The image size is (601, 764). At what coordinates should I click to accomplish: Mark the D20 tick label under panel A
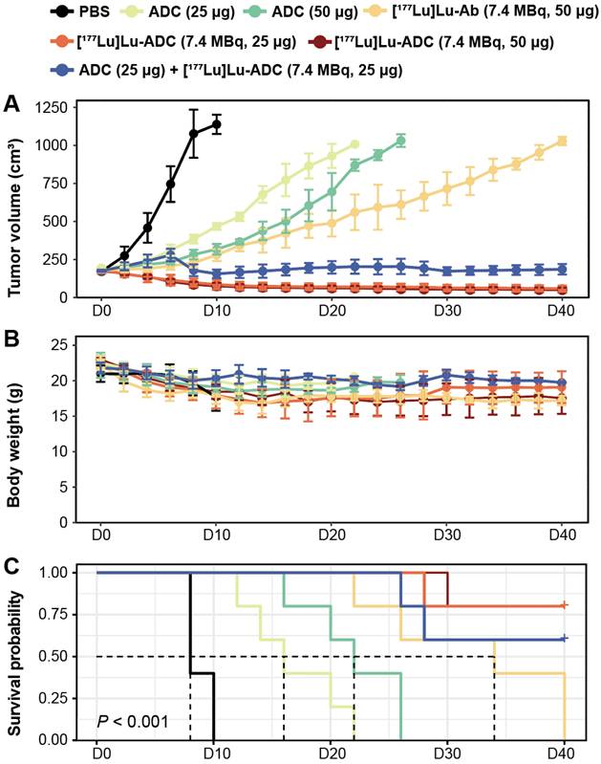tap(331, 312)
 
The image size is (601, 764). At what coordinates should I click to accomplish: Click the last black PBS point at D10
tap(216, 124)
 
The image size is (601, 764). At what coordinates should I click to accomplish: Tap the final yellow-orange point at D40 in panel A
tap(563, 142)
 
